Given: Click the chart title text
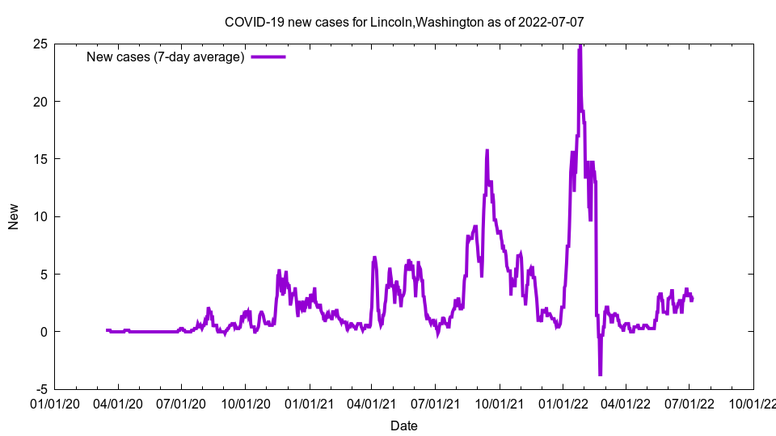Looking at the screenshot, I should pos(404,22).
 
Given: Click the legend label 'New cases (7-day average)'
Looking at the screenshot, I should pos(165,57).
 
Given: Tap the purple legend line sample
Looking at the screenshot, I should pos(268,57).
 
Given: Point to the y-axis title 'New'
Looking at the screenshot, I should pos(14,216).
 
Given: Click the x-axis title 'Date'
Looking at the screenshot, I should pos(404,426).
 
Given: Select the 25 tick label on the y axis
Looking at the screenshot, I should pos(39,44).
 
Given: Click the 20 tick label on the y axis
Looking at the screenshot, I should pos(39,101).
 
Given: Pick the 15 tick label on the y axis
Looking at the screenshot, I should pos(39,159).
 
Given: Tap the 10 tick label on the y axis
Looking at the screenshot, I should pos(39,216).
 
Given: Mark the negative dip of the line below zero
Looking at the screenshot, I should pos(600,374).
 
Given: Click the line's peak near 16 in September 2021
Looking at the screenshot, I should pos(487,150).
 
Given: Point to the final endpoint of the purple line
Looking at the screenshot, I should pos(692,300).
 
